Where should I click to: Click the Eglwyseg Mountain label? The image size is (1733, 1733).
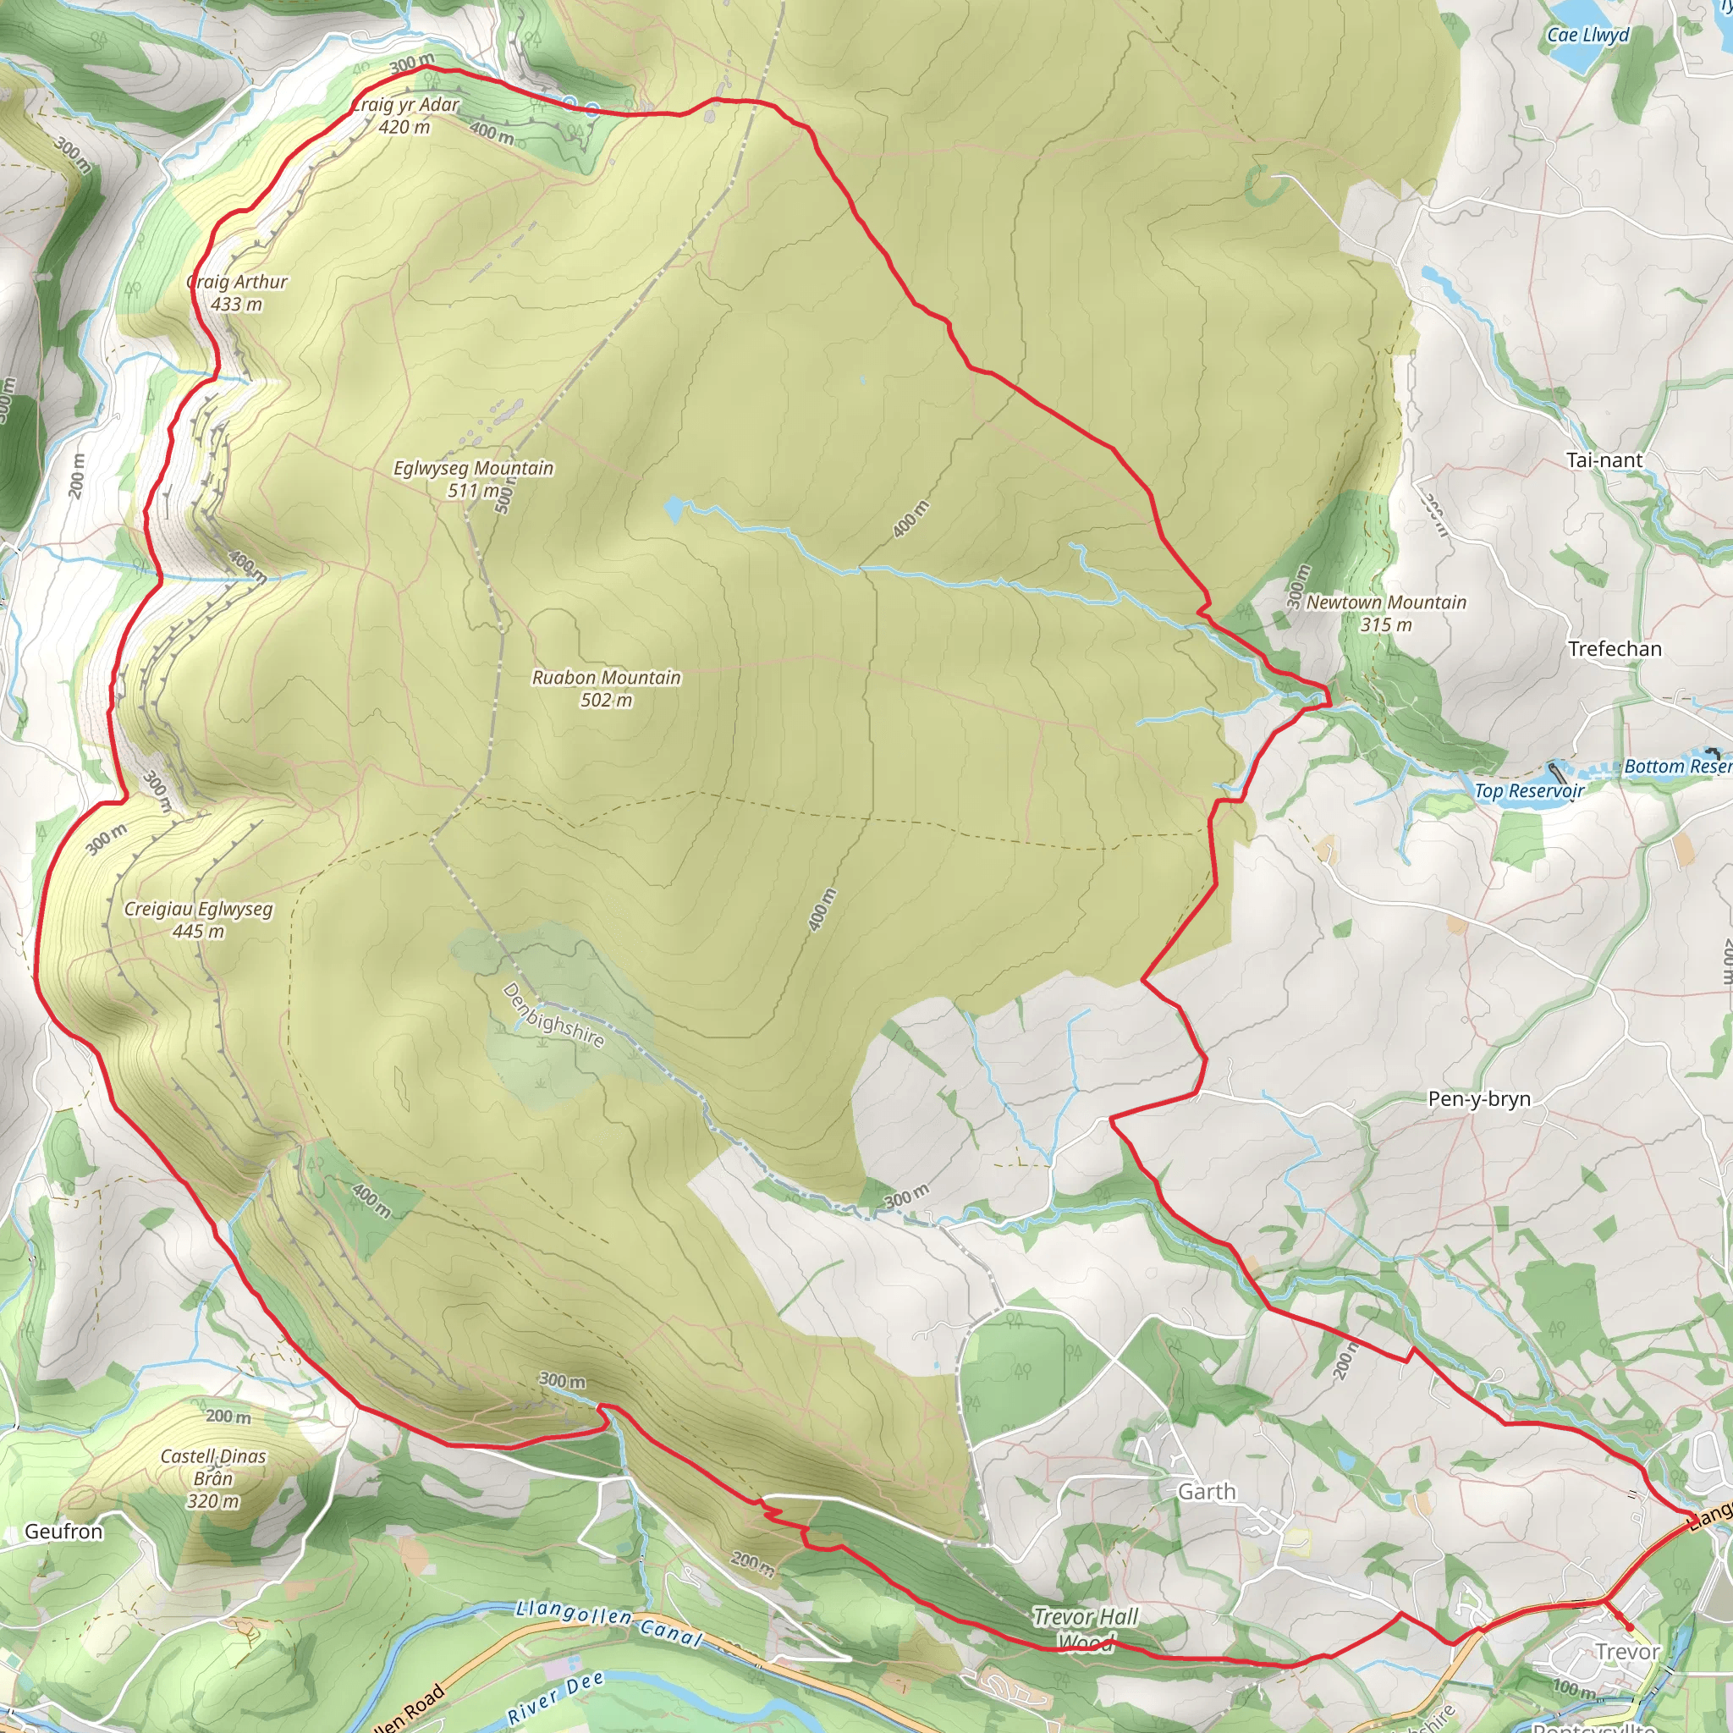[x=473, y=478]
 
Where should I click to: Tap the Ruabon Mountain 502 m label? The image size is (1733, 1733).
[x=607, y=688]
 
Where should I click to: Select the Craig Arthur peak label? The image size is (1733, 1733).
[x=237, y=293]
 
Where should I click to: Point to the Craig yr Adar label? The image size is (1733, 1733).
[x=405, y=116]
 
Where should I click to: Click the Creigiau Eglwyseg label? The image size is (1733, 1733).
[x=198, y=920]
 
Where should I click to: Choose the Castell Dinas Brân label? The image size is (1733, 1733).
[x=213, y=1477]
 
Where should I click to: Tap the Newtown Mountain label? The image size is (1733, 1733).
[x=1386, y=613]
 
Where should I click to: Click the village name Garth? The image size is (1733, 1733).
[x=1207, y=1492]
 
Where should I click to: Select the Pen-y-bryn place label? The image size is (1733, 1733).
[x=1479, y=1099]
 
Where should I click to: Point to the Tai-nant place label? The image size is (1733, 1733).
[x=1604, y=460]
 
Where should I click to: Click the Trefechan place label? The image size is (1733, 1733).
[x=1615, y=648]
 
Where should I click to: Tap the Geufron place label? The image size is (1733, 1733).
[x=63, y=1531]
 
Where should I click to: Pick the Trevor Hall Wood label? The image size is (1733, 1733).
[x=1086, y=1628]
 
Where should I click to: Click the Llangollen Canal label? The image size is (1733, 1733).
[x=609, y=1623]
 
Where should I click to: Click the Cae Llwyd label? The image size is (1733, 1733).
[x=1587, y=35]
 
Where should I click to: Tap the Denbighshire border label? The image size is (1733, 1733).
[x=553, y=1015]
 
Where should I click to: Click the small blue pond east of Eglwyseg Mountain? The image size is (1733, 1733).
[x=673, y=510]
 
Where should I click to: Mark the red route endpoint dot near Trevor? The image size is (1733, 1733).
[x=1629, y=1626]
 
